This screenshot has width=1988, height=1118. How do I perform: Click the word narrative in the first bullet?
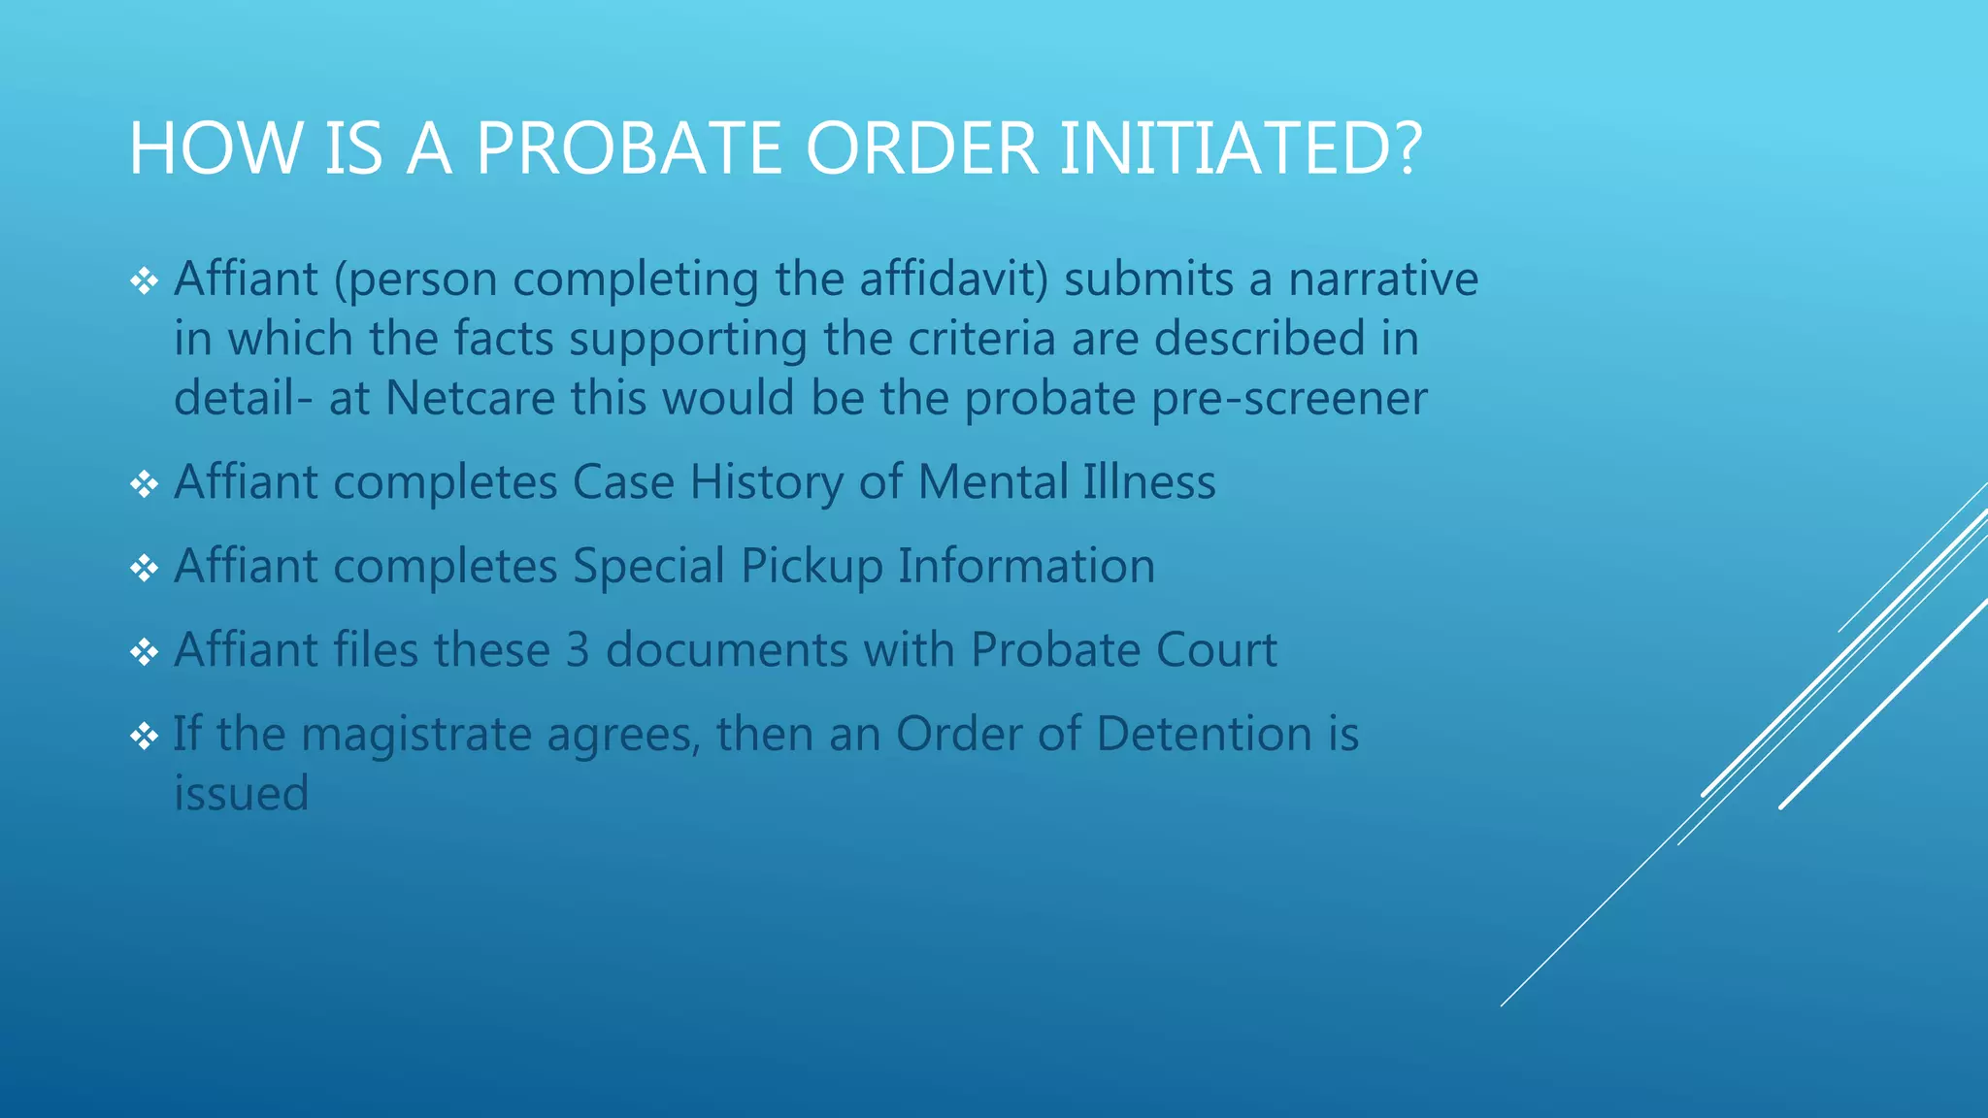click(1383, 279)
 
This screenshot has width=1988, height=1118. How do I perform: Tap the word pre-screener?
click(1289, 399)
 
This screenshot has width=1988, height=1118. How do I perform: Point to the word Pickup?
click(812, 567)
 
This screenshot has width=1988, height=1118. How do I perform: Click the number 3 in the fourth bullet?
click(578, 649)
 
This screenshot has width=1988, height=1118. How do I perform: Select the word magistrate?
click(416, 735)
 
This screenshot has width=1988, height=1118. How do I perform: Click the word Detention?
click(1204, 734)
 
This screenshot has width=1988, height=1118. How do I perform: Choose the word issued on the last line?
click(241, 794)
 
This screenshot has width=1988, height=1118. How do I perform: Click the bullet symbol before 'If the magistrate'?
click(144, 737)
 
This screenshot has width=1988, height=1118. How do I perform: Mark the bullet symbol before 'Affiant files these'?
click(144, 652)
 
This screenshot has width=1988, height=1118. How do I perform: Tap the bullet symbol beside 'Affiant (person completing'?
click(144, 281)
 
